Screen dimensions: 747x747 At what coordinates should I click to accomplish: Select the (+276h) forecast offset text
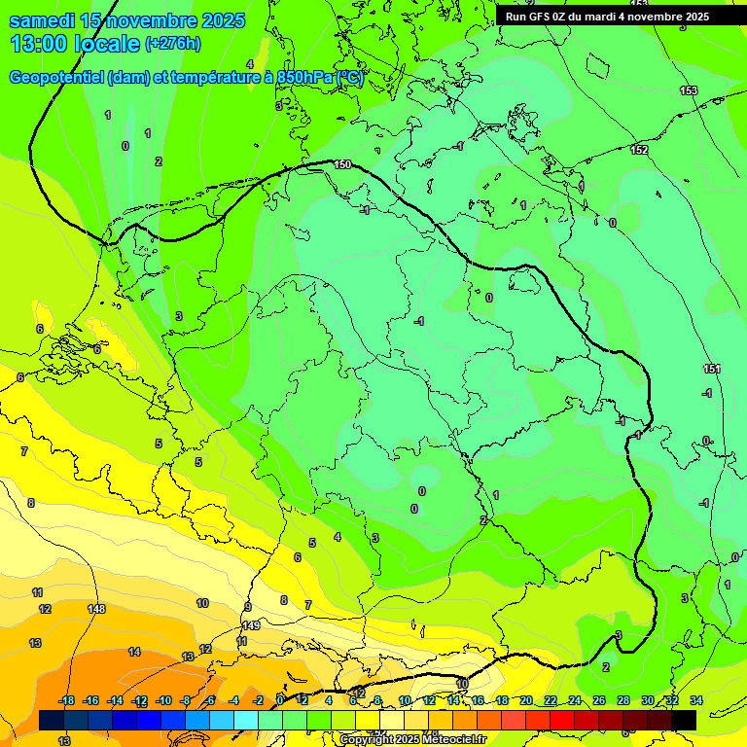(174, 44)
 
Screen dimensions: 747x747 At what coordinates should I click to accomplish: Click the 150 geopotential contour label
(342, 164)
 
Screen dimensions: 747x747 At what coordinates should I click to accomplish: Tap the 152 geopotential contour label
(639, 150)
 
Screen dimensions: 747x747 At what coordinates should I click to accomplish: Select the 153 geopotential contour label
(689, 90)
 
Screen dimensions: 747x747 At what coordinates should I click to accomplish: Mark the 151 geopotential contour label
(712, 369)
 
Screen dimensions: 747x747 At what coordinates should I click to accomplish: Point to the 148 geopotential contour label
(95, 609)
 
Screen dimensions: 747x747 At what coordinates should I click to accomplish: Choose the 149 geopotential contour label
(251, 625)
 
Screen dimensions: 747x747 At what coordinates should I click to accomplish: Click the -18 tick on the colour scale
(67, 700)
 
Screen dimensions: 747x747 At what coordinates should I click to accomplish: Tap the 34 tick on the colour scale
(696, 700)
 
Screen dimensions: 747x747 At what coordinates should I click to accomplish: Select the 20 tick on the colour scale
(526, 700)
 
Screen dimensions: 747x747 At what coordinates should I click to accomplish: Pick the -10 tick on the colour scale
(163, 700)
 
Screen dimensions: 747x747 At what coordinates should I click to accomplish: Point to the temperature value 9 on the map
(248, 607)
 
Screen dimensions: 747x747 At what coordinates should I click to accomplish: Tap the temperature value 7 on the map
(308, 605)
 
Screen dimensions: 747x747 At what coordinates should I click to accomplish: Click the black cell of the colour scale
(684, 720)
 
